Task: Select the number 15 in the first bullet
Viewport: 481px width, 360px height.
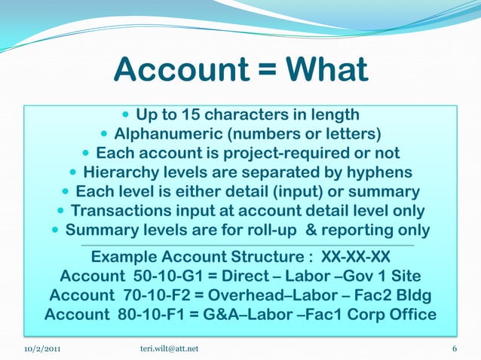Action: coord(193,115)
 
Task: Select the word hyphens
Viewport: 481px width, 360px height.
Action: coord(384,173)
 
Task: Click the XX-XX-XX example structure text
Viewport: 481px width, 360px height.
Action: coord(355,255)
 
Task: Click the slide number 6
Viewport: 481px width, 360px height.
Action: coord(455,349)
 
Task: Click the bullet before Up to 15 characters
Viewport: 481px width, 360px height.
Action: coord(125,116)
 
